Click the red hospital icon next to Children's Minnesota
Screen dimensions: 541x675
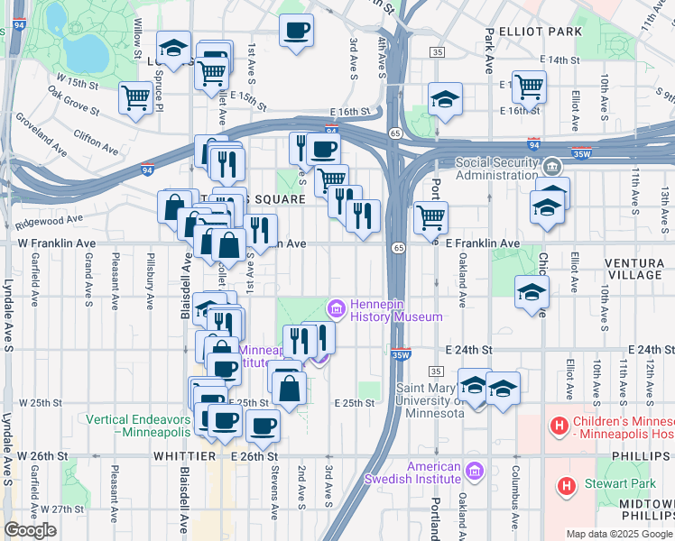coord(559,424)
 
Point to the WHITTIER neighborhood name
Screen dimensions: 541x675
coord(191,456)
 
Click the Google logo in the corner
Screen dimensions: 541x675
coord(30,530)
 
